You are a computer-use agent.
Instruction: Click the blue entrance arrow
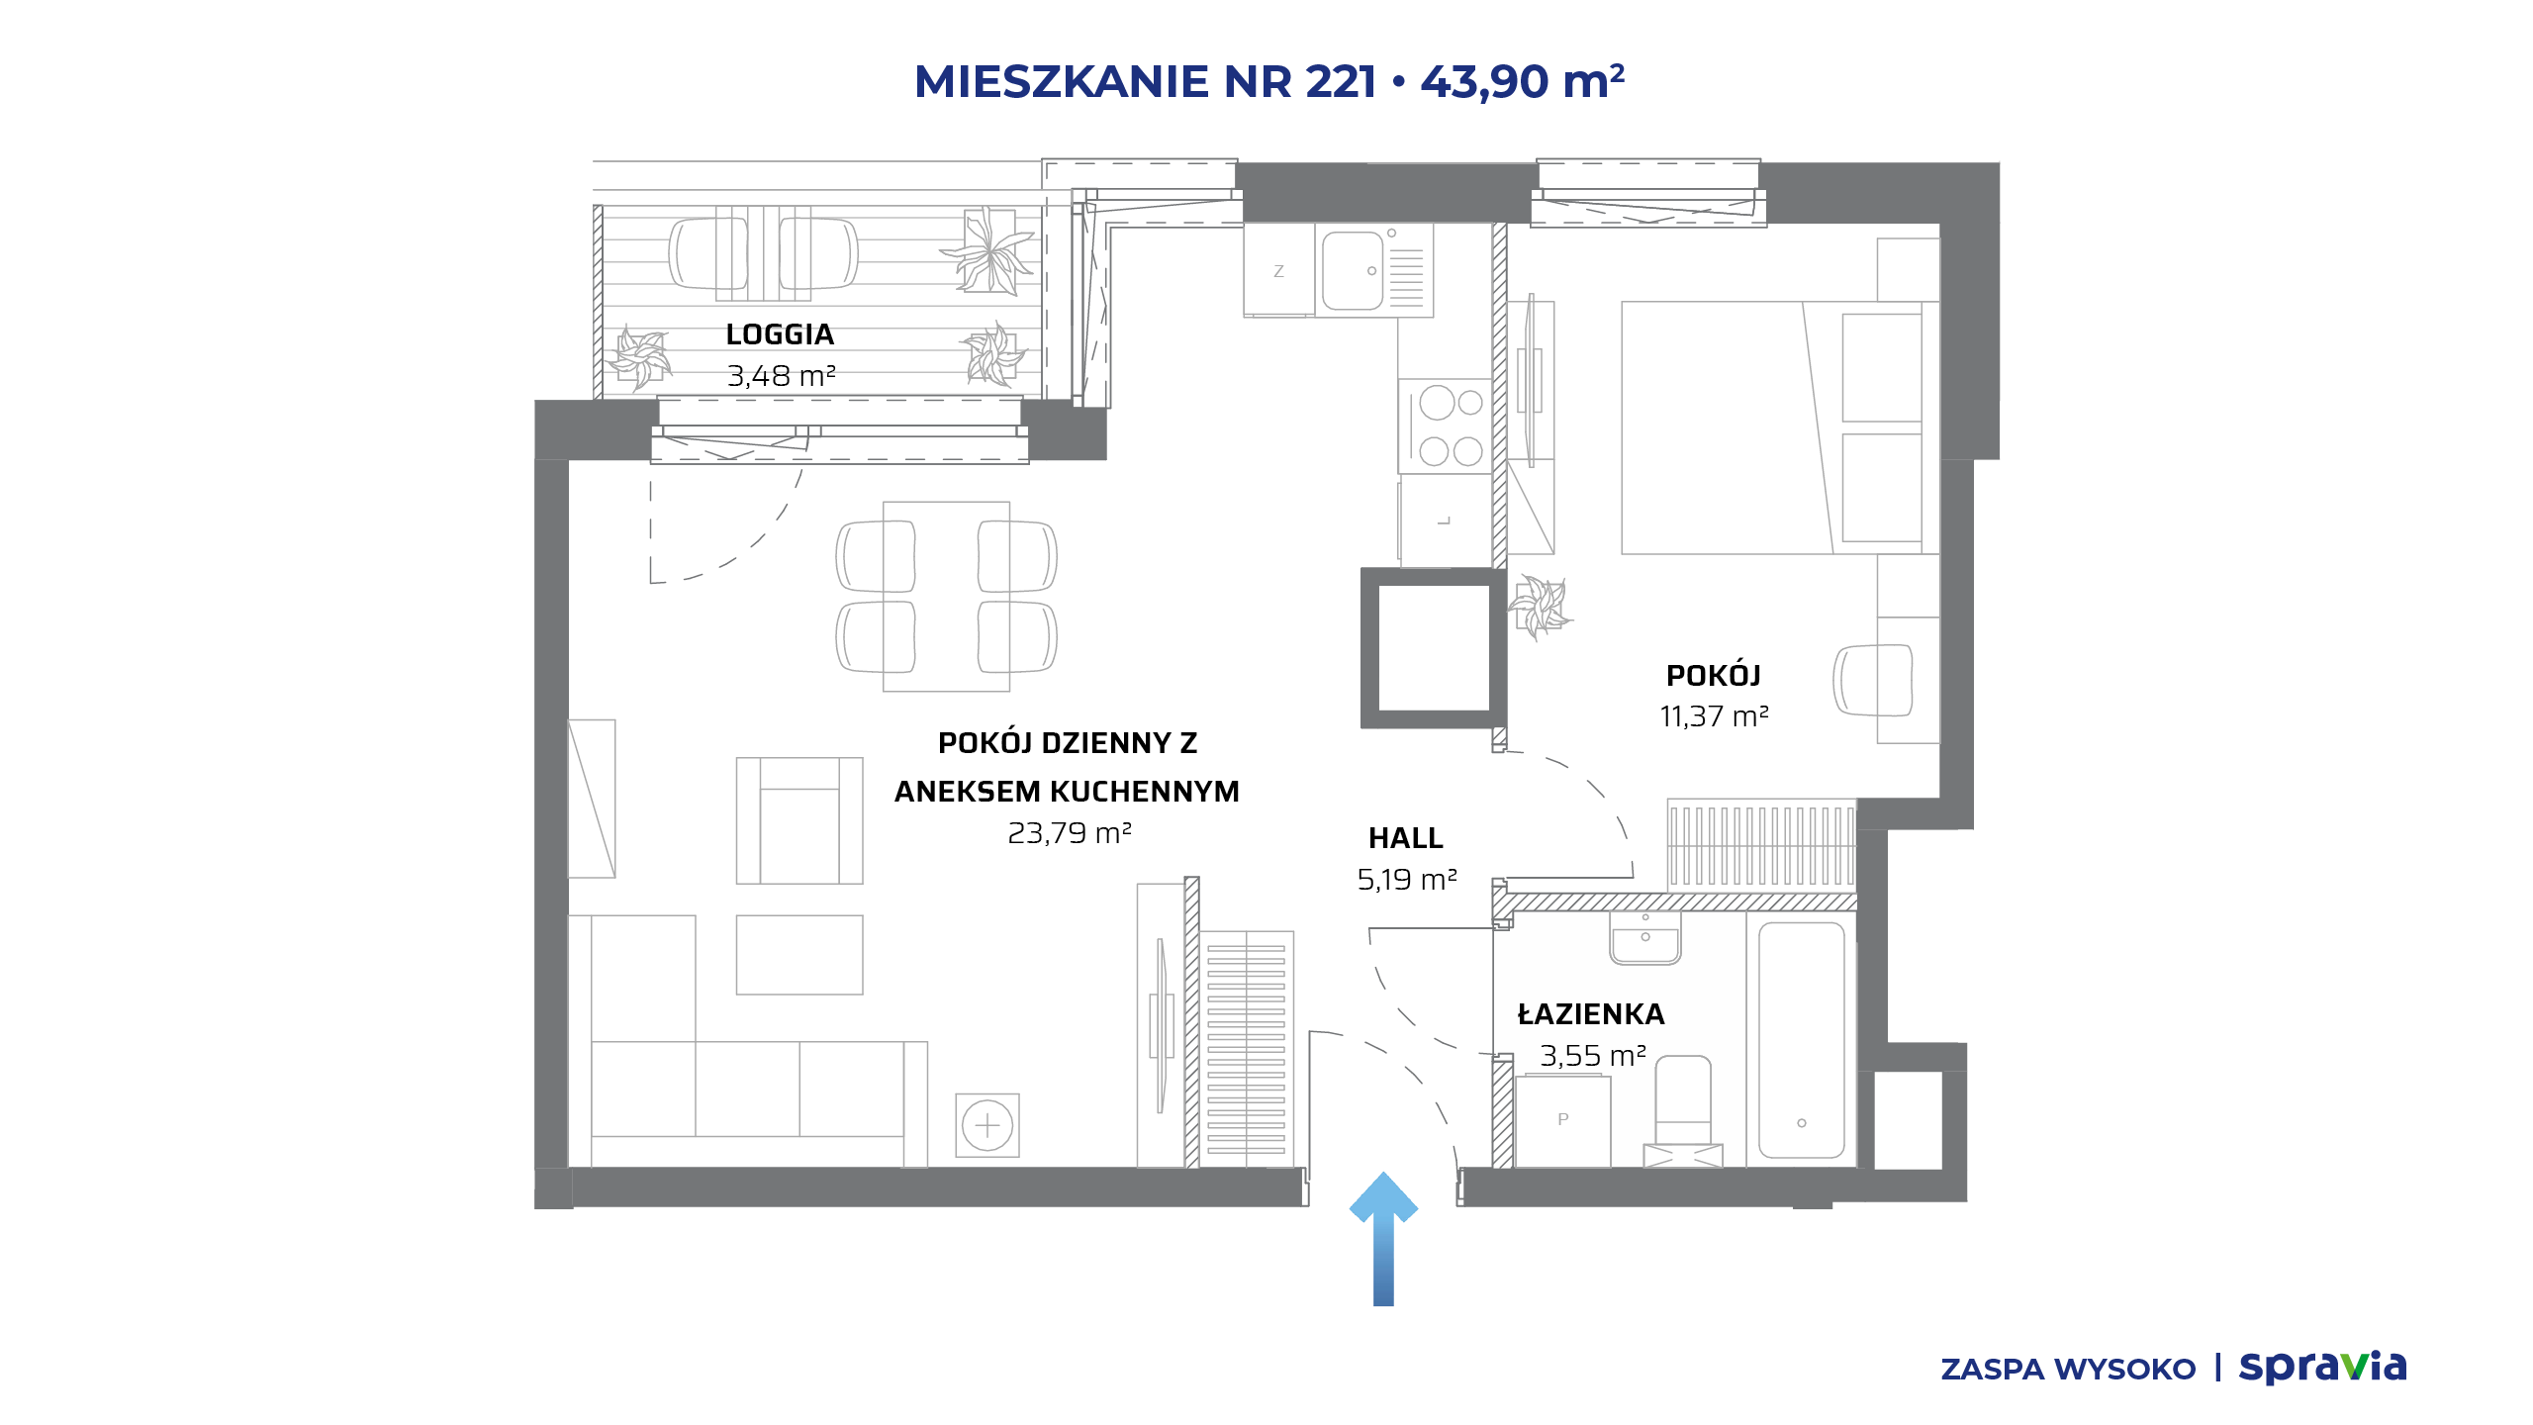(1383, 1239)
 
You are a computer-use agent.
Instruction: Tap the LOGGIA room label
(780, 334)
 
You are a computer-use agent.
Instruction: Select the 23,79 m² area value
(1069, 833)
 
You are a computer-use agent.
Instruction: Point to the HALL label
(1405, 838)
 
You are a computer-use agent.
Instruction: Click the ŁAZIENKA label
(1591, 1013)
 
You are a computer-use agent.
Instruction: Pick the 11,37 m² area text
(1714, 715)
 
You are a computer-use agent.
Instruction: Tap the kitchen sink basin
(1353, 270)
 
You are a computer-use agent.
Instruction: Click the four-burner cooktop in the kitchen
(1446, 427)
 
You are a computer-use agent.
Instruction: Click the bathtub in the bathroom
(1801, 1039)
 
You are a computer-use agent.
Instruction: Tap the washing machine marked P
(1562, 1120)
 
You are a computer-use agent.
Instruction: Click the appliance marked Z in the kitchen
(1279, 270)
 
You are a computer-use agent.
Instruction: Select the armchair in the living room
(799, 820)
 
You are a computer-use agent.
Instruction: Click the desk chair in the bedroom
(1873, 680)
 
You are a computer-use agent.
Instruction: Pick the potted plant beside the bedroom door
(1540, 606)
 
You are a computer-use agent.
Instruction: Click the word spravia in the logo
(2322, 1368)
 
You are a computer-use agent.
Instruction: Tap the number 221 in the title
(1341, 81)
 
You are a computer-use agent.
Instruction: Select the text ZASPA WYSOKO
(2068, 1370)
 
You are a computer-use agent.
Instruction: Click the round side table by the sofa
(987, 1125)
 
